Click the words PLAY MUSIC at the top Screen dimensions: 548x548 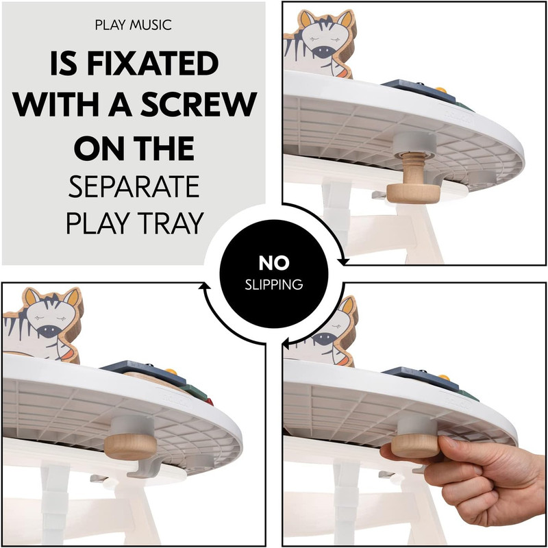133,25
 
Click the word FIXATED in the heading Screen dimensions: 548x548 152,63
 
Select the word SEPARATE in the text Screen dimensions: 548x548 134,186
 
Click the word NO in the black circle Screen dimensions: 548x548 274,263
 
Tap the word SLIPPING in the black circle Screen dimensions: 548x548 273,285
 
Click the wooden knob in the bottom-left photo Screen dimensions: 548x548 130,447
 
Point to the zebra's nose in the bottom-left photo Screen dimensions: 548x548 49,331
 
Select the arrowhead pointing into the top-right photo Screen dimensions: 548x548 344,262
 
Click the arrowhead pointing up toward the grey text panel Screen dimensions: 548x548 204,286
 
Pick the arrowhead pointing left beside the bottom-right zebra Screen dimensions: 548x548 285,344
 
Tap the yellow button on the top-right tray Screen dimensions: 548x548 441,90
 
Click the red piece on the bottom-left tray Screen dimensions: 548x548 209,401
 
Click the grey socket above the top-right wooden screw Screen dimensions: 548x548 415,145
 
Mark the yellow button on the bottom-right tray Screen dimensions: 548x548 443,377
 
